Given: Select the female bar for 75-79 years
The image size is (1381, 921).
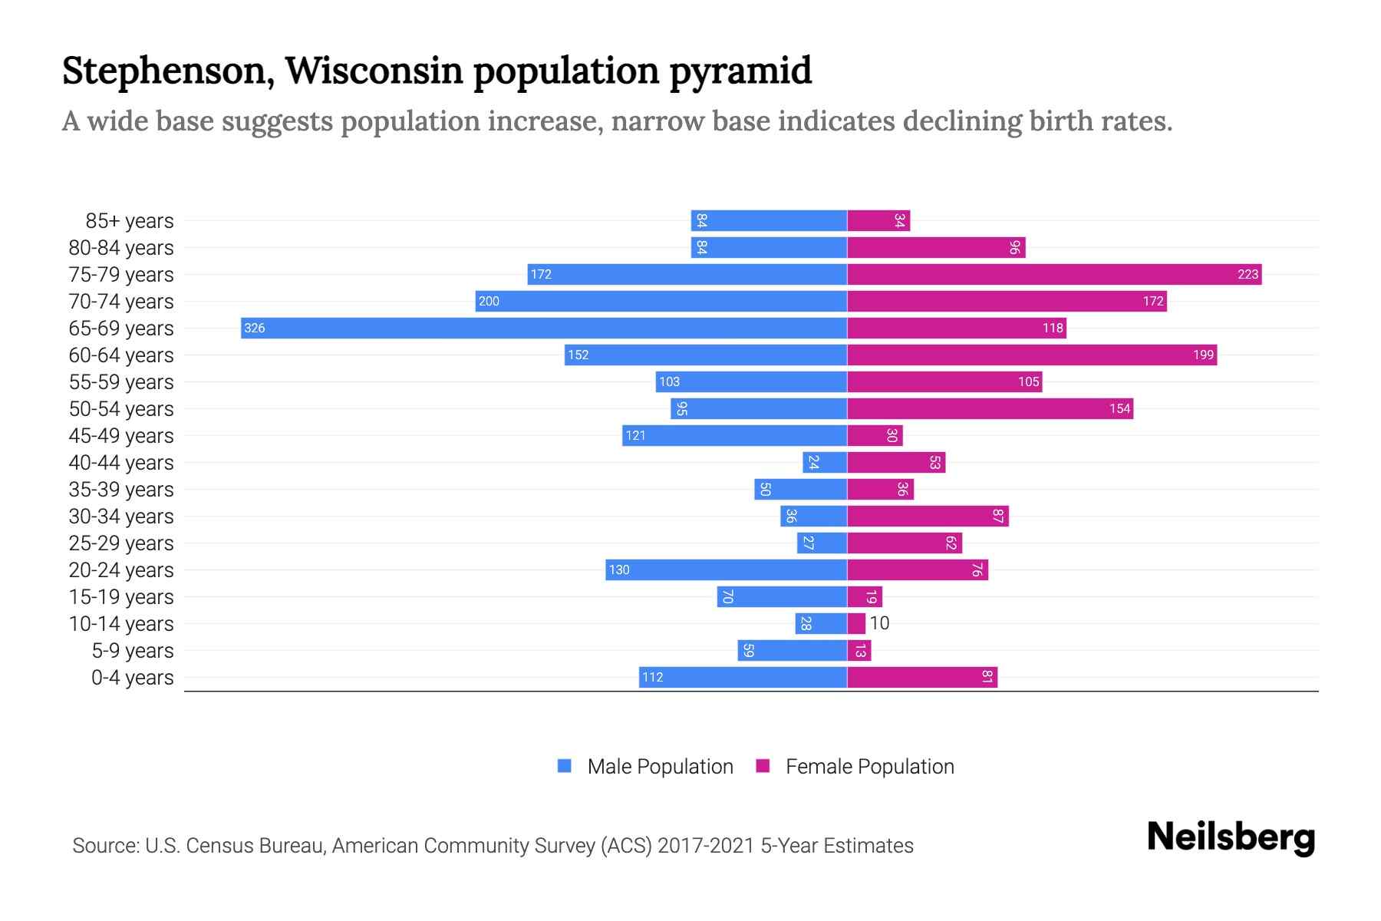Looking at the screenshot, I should [1054, 274].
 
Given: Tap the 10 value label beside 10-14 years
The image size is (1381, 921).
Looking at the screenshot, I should [879, 623].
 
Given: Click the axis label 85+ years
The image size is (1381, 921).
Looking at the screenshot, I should [130, 221].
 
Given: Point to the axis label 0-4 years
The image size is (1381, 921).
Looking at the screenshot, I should [132, 678].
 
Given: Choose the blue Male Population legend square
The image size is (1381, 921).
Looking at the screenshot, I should [565, 766].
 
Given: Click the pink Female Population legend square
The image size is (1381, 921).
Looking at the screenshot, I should [763, 766].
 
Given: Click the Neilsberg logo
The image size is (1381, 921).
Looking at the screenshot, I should [1231, 837].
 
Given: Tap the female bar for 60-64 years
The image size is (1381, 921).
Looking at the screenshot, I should [1032, 355].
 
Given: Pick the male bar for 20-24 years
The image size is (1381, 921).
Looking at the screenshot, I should [726, 569].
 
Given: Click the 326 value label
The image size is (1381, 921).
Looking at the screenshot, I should [254, 328].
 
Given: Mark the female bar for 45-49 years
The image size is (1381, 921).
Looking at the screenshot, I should [875, 435].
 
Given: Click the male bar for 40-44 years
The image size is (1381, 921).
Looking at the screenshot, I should [825, 462].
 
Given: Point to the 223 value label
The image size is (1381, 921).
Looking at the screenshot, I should [1248, 275].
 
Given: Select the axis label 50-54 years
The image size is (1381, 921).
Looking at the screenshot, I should [121, 409].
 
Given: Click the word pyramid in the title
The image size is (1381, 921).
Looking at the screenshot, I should [740, 71].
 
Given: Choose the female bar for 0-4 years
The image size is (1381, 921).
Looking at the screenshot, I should [922, 677].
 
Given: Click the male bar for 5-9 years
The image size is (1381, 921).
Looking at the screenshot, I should [793, 650].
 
